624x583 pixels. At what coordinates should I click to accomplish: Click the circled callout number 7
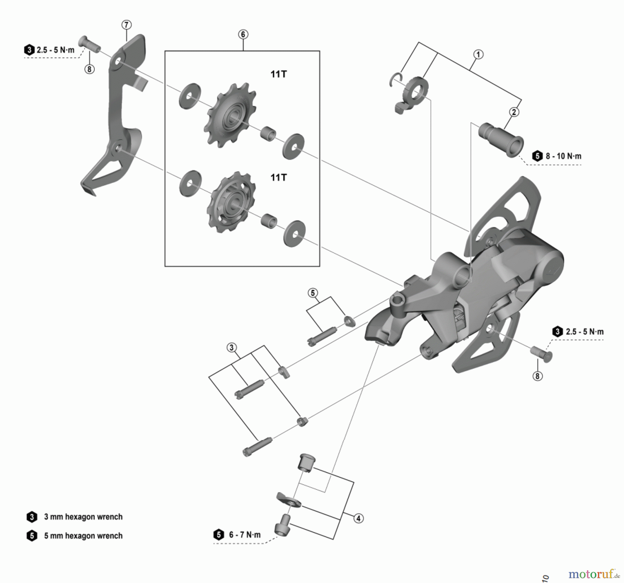tap(126, 25)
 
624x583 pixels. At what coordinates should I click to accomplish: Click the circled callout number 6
tap(243, 34)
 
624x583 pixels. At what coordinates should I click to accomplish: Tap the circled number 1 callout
tap(478, 54)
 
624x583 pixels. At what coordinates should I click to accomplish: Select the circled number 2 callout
tap(514, 112)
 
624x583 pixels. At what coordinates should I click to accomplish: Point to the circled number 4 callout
tap(358, 518)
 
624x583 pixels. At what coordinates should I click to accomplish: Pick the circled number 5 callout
tap(313, 293)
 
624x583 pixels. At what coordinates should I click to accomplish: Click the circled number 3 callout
tap(232, 348)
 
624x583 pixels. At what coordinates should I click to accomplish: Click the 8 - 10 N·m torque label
tap(563, 156)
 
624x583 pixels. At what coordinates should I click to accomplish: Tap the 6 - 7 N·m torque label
tap(244, 535)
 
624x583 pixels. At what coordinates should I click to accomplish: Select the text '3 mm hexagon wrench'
tap(83, 517)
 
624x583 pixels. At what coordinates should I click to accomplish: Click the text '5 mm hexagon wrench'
tap(83, 536)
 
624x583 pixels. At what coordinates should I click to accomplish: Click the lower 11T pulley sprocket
tap(230, 202)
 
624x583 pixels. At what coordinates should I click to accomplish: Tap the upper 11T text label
tap(278, 74)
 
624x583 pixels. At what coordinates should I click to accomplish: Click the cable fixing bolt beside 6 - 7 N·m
tap(283, 525)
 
